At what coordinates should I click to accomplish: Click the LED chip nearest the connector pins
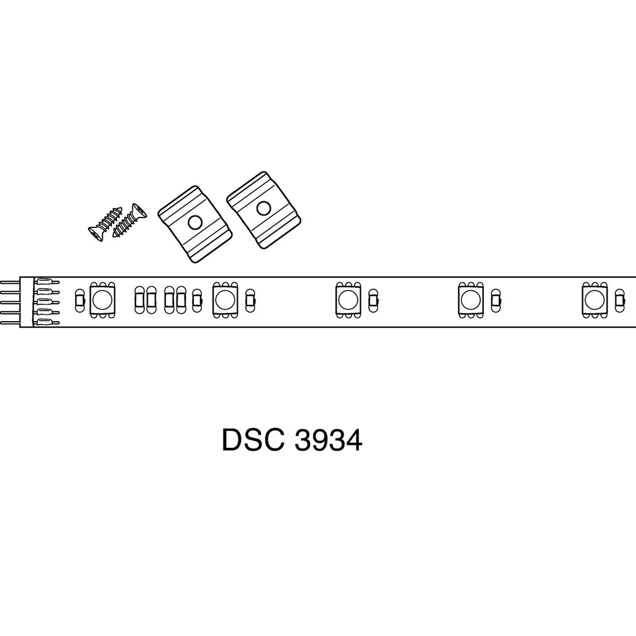point(102,301)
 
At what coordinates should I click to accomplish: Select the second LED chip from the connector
point(225,301)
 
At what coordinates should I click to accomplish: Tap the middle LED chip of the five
point(348,301)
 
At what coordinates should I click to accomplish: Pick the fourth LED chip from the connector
point(471,301)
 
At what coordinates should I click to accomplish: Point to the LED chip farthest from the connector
point(594,301)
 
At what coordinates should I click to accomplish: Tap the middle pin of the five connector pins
point(10,302)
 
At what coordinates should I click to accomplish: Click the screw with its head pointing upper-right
point(130,221)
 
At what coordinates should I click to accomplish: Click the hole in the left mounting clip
point(195,222)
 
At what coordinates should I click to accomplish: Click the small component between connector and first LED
point(79,301)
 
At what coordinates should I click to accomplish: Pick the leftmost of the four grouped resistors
point(140,301)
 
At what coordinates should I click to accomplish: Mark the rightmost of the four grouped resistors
point(181,301)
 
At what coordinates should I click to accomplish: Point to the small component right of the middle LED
point(373,301)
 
